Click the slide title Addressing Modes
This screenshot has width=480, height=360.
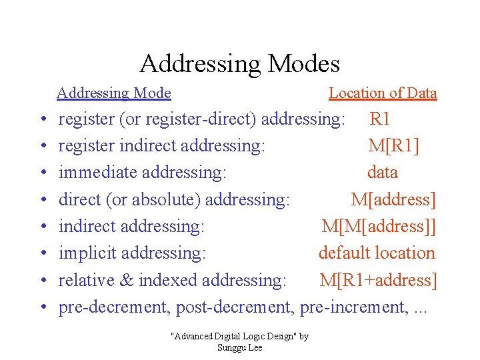click(x=239, y=64)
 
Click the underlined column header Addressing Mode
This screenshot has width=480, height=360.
click(x=114, y=93)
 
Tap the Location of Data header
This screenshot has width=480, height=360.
click(x=383, y=93)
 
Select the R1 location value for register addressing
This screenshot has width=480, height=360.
click(x=380, y=119)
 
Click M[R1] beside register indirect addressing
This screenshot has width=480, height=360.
click(x=393, y=146)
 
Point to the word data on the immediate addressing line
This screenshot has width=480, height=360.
click(x=382, y=173)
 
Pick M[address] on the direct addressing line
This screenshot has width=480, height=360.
click(x=393, y=199)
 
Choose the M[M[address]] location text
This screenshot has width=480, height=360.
click(x=379, y=227)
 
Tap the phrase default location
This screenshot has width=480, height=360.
click(x=377, y=253)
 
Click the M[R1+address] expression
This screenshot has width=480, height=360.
click(x=378, y=281)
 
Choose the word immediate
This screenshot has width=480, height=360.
click(x=94, y=173)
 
